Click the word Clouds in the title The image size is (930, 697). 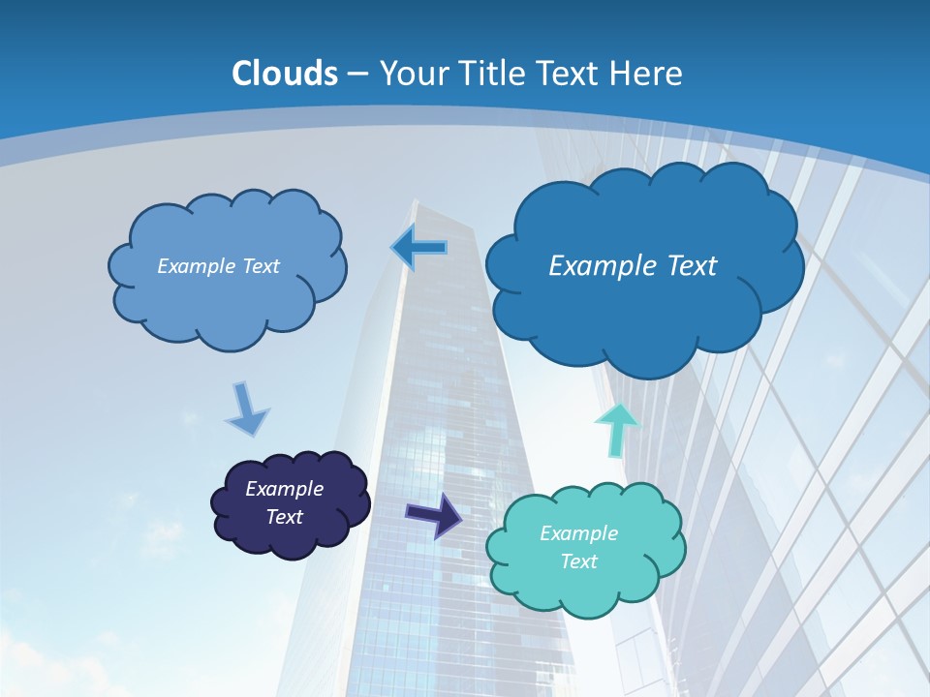285,74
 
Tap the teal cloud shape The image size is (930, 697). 585,591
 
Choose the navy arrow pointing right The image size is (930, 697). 434,514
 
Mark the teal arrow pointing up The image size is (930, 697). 616,429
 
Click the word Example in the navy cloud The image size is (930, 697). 285,489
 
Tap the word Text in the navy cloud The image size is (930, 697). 285,517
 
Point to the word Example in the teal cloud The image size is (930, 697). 578,533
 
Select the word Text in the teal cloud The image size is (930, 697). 579,561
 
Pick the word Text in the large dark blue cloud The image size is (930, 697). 694,266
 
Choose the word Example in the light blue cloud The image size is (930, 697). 197,266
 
